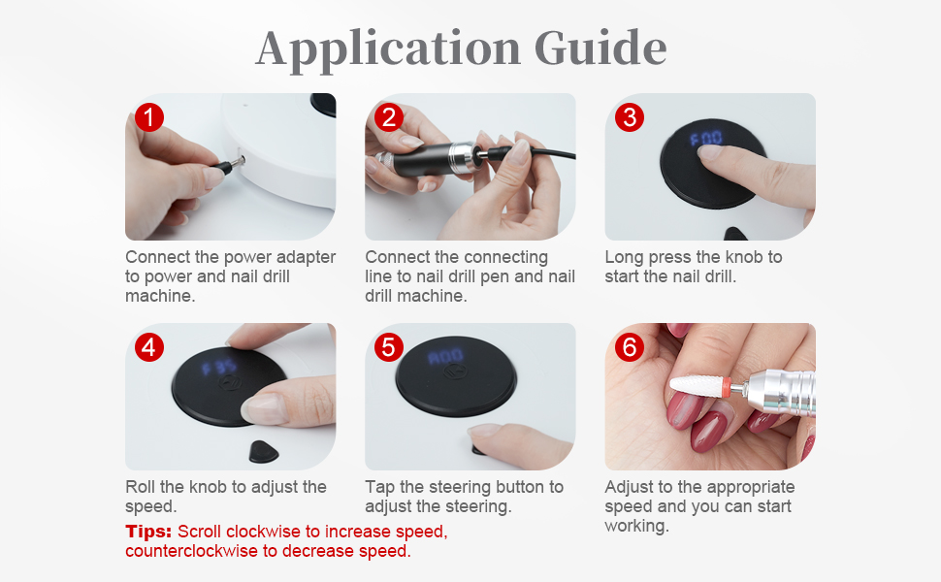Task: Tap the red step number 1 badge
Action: (149, 118)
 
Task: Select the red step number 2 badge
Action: (388, 118)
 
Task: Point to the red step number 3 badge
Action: (629, 118)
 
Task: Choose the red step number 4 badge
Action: (149, 346)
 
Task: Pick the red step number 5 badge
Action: (388, 346)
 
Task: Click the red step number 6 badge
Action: (629, 346)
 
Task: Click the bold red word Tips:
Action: (148, 532)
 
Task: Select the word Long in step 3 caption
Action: (624, 257)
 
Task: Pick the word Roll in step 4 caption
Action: (142, 487)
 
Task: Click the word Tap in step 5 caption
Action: (379, 487)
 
